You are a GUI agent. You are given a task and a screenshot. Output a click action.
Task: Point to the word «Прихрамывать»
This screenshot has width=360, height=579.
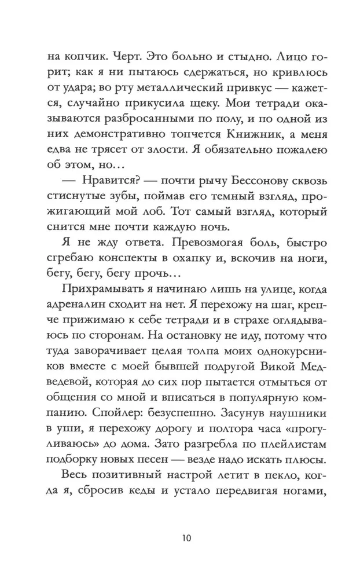[x=100, y=301]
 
